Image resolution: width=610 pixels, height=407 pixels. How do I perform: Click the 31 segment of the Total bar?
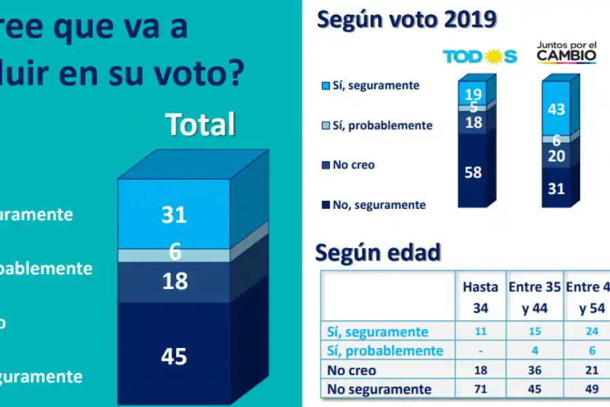click(x=174, y=214)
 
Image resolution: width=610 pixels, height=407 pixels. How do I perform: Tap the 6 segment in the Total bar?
click(x=175, y=254)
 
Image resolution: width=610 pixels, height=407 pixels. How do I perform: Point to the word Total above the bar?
click(x=201, y=125)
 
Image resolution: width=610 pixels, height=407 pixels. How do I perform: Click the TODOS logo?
click(x=480, y=56)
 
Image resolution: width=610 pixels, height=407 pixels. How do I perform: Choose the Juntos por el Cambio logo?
click(x=567, y=52)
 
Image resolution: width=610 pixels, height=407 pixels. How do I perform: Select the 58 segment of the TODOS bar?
click(x=473, y=172)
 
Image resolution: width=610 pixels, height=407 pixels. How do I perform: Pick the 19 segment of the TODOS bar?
click(x=473, y=94)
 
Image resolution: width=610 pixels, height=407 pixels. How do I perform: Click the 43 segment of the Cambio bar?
click(x=556, y=109)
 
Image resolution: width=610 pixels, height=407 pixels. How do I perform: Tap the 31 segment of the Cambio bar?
click(x=556, y=189)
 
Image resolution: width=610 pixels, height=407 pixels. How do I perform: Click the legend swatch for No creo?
click(x=325, y=165)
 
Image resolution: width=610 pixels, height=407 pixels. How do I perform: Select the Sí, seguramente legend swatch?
click(x=325, y=86)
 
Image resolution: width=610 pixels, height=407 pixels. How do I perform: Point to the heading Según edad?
click(x=378, y=252)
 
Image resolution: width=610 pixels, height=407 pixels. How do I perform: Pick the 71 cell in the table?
click(x=480, y=389)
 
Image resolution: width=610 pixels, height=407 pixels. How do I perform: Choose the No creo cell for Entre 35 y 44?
click(x=534, y=370)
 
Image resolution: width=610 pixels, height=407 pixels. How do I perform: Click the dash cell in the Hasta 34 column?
click(x=480, y=351)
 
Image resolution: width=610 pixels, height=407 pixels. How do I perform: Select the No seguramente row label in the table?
click(x=380, y=389)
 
